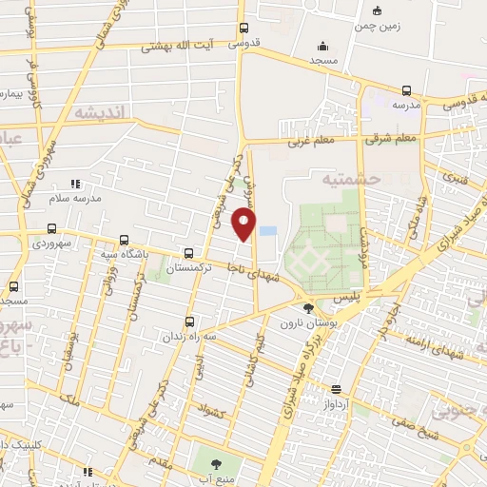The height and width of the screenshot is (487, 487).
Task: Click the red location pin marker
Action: [244, 224]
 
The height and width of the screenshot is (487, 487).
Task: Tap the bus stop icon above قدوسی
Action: [244, 28]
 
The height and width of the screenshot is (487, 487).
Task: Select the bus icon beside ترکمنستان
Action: [188, 253]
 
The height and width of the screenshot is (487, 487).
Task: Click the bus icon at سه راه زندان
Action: [189, 321]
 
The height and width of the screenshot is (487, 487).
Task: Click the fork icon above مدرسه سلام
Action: [75, 184]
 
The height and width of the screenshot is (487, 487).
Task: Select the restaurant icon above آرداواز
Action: [336, 388]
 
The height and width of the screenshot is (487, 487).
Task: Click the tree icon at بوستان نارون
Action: [307, 307]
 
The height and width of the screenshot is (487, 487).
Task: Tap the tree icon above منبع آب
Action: [214, 465]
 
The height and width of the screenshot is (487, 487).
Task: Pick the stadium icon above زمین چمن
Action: [378, 11]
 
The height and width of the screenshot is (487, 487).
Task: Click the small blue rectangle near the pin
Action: [268, 230]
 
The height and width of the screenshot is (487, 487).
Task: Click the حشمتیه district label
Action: [351, 178]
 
